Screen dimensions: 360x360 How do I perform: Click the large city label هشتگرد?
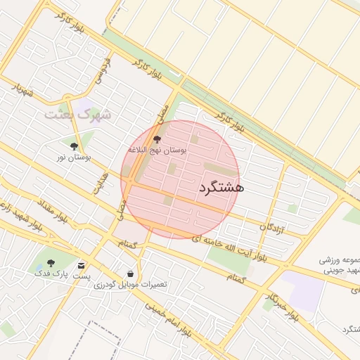[x=221, y=187]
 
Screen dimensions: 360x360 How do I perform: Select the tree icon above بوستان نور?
[x=74, y=146]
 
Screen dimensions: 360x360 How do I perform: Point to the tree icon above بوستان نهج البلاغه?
[x=156, y=140]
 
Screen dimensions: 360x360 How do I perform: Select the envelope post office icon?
[x=82, y=265]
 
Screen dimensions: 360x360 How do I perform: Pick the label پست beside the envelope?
[x=82, y=276]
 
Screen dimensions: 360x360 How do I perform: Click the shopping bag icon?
[x=130, y=273]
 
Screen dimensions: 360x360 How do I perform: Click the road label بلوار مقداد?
[x=52, y=211]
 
